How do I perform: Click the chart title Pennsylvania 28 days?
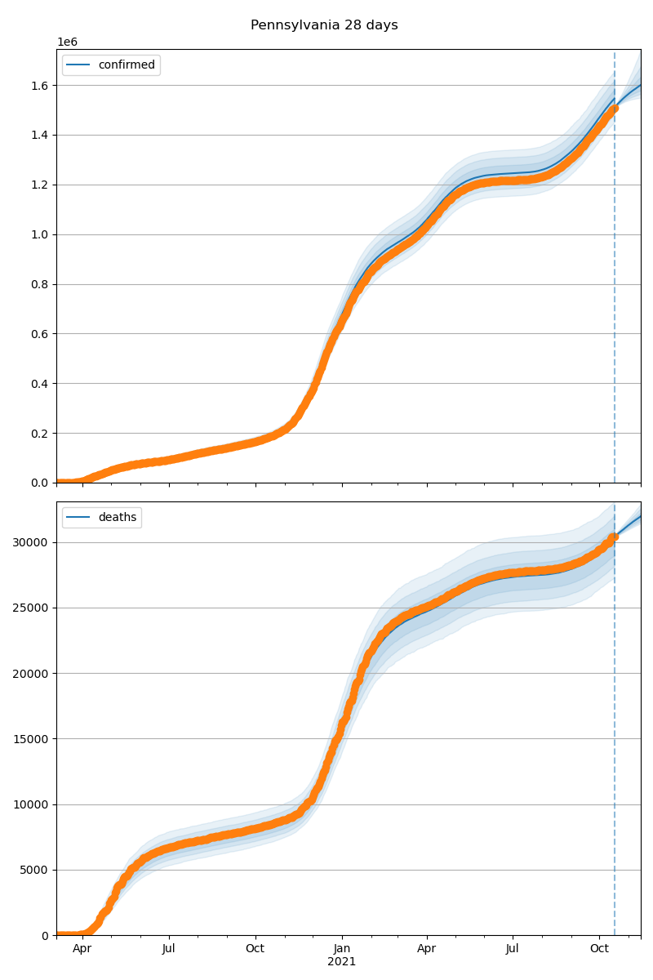[324, 25]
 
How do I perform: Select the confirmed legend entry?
[126, 65]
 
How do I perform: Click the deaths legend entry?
[117, 518]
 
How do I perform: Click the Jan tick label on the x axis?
[342, 948]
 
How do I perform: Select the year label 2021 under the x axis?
[342, 961]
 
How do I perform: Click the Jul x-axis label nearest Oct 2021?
[513, 948]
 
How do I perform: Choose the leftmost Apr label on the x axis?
[82, 948]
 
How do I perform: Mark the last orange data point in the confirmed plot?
[614, 108]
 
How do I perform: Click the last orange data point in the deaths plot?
[615, 537]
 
